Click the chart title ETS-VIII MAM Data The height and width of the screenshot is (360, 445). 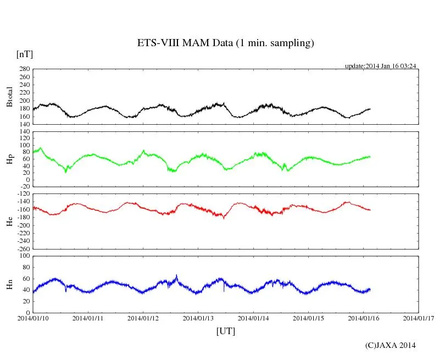[225, 43]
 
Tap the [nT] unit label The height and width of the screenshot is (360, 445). [24, 54]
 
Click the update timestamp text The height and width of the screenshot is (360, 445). [380, 66]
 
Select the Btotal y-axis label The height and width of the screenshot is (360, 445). [9, 96]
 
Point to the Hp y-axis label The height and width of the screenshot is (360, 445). [9, 159]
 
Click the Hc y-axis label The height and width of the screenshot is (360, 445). [9, 221]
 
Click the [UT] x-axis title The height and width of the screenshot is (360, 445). [225, 331]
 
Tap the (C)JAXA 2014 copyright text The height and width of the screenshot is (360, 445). [391, 345]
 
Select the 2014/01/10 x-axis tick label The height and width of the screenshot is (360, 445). [33, 318]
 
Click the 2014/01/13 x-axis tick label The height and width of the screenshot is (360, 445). [198, 318]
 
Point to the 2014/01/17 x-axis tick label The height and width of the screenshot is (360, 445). [419, 318]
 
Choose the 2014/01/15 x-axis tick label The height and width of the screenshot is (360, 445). [309, 318]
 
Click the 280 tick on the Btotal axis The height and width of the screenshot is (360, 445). [24, 69]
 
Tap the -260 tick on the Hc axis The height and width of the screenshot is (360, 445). [23, 248]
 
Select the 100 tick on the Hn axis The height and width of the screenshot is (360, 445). [24, 256]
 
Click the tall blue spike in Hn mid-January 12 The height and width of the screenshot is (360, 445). [176, 276]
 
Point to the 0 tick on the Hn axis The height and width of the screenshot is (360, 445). [27, 312]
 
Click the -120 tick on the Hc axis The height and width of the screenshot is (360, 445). [23, 194]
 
